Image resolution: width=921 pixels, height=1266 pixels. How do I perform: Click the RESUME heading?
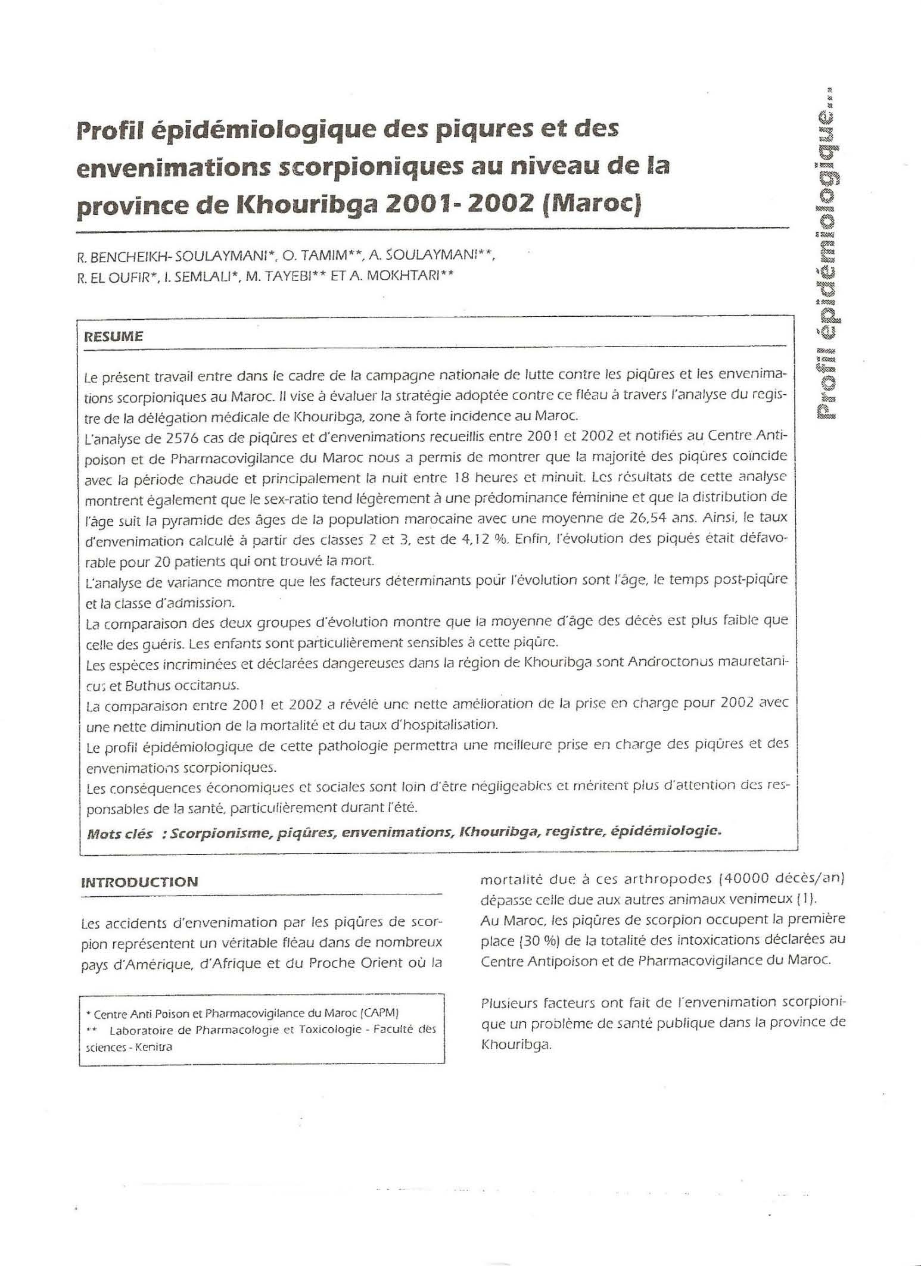[x=113, y=336]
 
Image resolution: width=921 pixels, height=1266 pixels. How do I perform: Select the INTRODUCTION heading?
[x=139, y=882]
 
